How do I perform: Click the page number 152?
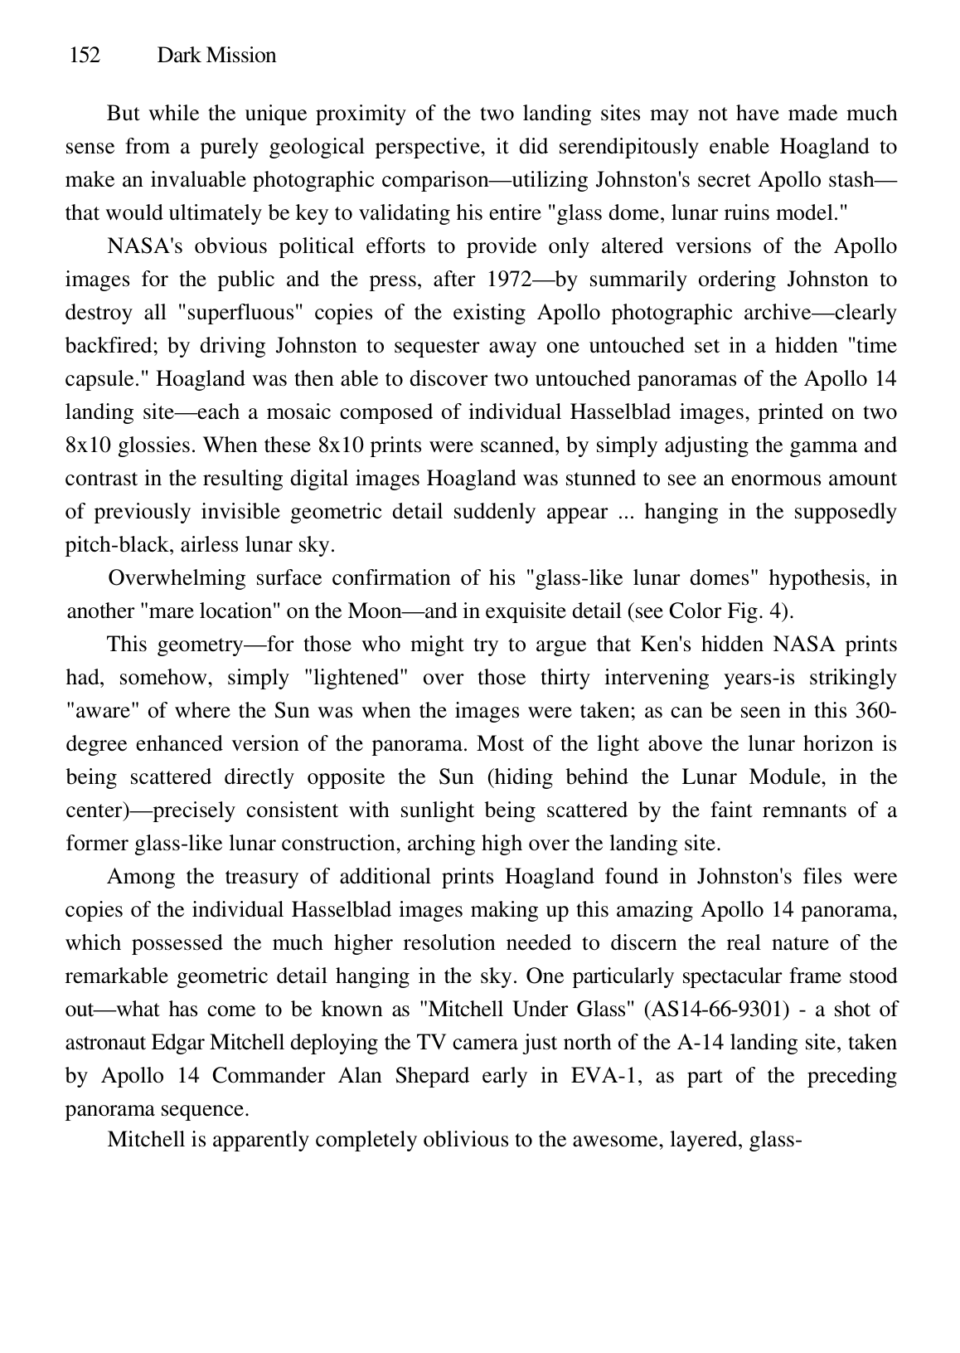pos(84,56)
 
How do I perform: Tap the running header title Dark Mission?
pos(216,56)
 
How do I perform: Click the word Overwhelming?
pos(177,579)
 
